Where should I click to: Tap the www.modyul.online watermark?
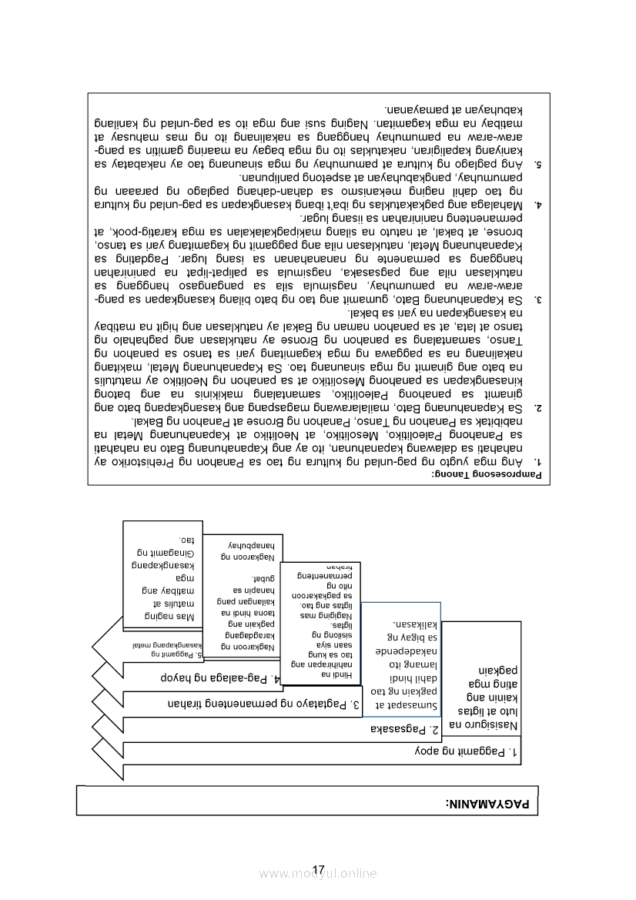[x=318, y=874]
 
